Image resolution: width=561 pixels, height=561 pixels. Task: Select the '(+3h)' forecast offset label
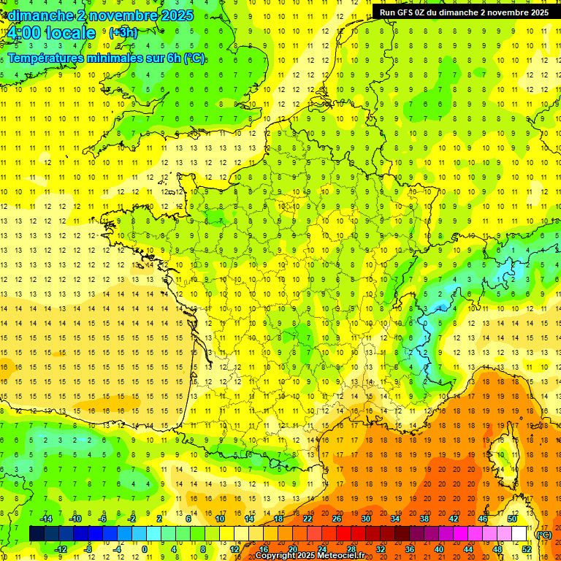point(123,33)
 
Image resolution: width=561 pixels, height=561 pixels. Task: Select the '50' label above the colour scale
point(512,519)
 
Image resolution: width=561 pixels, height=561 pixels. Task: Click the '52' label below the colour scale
point(527,549)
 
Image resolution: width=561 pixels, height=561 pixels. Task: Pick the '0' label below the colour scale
point(144,549)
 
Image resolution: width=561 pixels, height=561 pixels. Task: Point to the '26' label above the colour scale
point(337,519)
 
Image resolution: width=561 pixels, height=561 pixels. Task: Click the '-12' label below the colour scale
point(61,549)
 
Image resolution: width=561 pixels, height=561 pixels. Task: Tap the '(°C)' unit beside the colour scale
point(544,534)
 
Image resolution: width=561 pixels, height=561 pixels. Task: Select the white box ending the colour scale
point(519,534)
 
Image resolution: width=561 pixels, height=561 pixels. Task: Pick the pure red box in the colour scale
point(343,534)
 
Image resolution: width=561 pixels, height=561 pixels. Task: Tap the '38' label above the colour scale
point(424,519)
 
